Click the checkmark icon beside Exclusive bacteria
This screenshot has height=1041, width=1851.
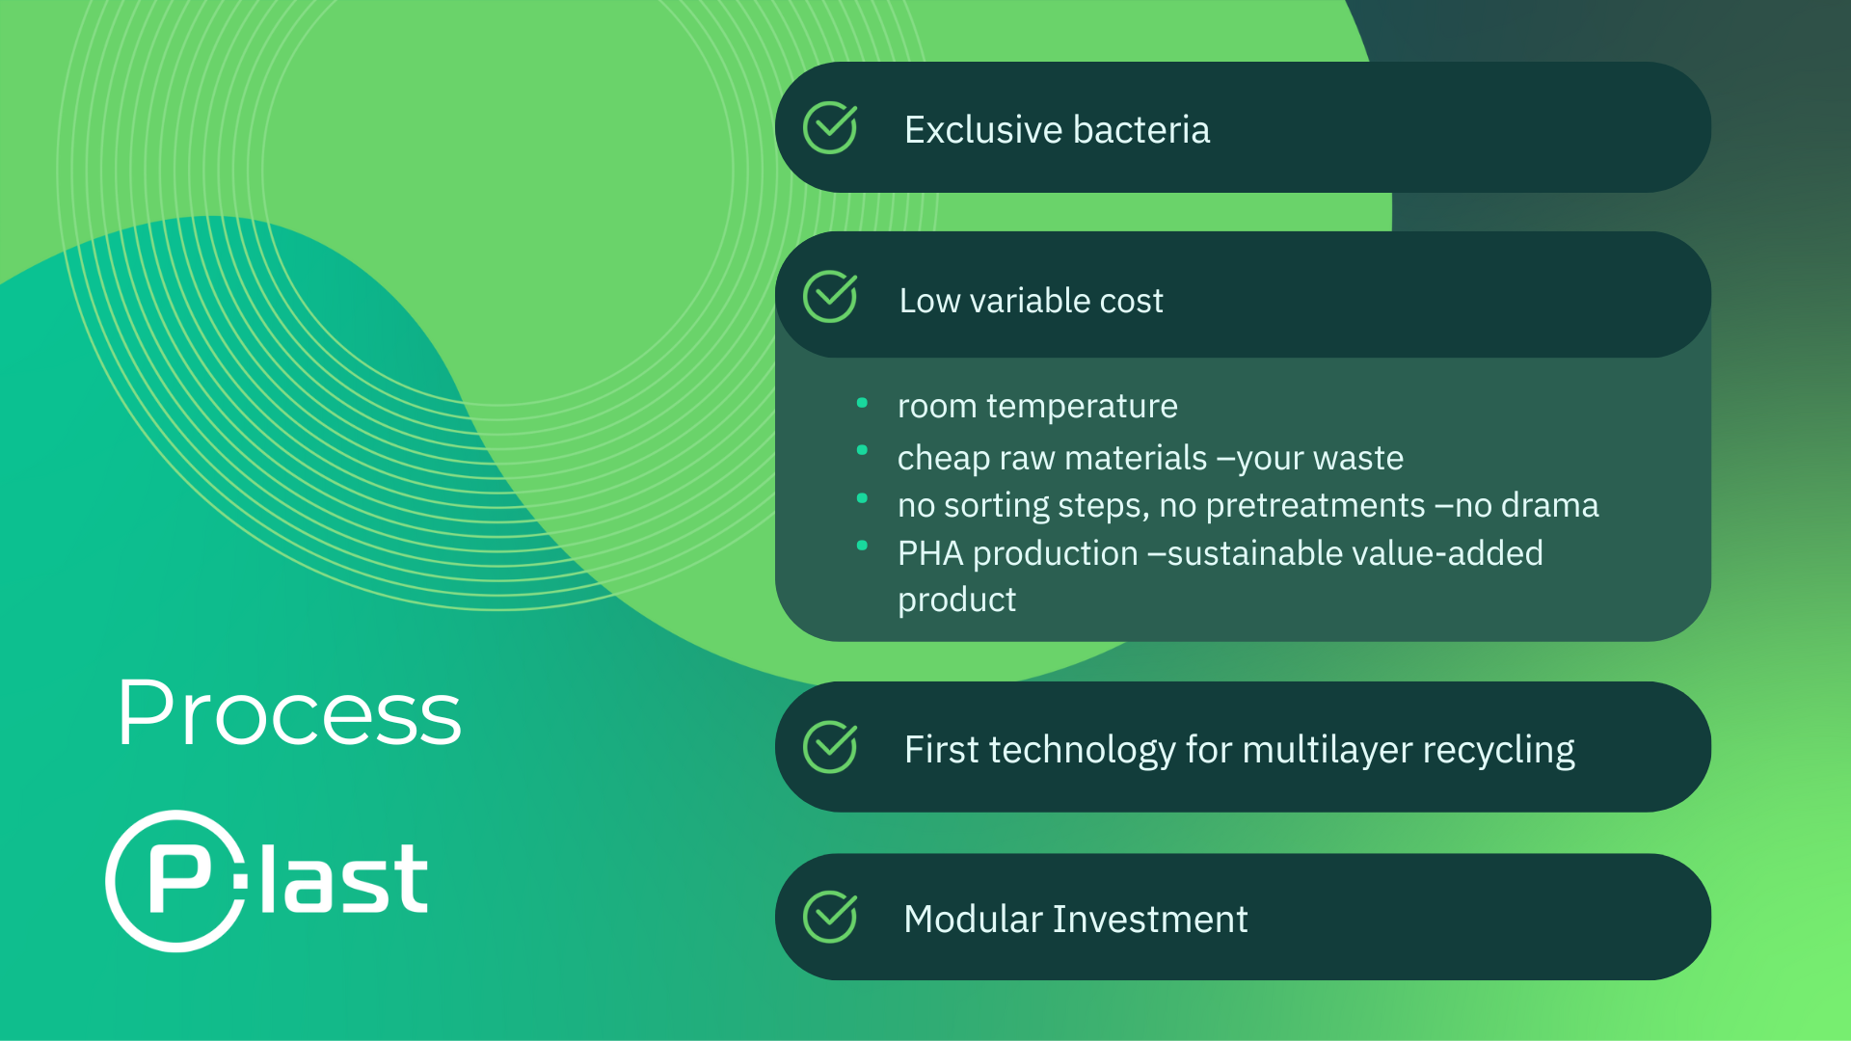[x=830, y=127]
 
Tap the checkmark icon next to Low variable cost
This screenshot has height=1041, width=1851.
[x=830, y=296]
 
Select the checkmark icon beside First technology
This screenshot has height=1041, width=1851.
[x=830, y=747]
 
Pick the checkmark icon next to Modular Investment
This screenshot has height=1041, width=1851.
[x=830, y=917]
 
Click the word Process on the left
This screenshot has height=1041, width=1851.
[x=289, y=713]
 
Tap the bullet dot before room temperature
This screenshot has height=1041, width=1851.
[x=862, y=403]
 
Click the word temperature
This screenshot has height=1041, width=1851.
[x=1082, y=407]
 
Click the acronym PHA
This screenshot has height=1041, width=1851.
[x=930, y=553]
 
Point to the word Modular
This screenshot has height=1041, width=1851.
[x=973, y=920]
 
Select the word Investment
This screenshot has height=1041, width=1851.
[x=1150, y=920]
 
